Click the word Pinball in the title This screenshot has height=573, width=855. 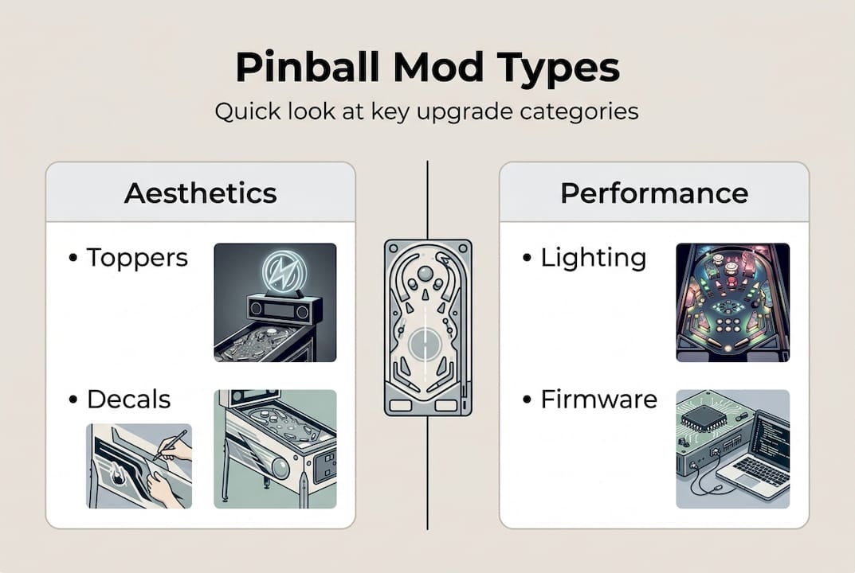305,70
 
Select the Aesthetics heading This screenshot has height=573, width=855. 200,193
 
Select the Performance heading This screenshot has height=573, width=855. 653,193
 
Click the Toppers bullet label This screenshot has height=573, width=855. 137,257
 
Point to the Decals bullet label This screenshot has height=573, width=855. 128,399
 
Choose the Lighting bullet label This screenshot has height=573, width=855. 593,257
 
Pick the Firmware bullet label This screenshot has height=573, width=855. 598,399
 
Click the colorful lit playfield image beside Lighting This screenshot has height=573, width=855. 732,302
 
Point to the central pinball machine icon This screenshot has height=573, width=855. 428,326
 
